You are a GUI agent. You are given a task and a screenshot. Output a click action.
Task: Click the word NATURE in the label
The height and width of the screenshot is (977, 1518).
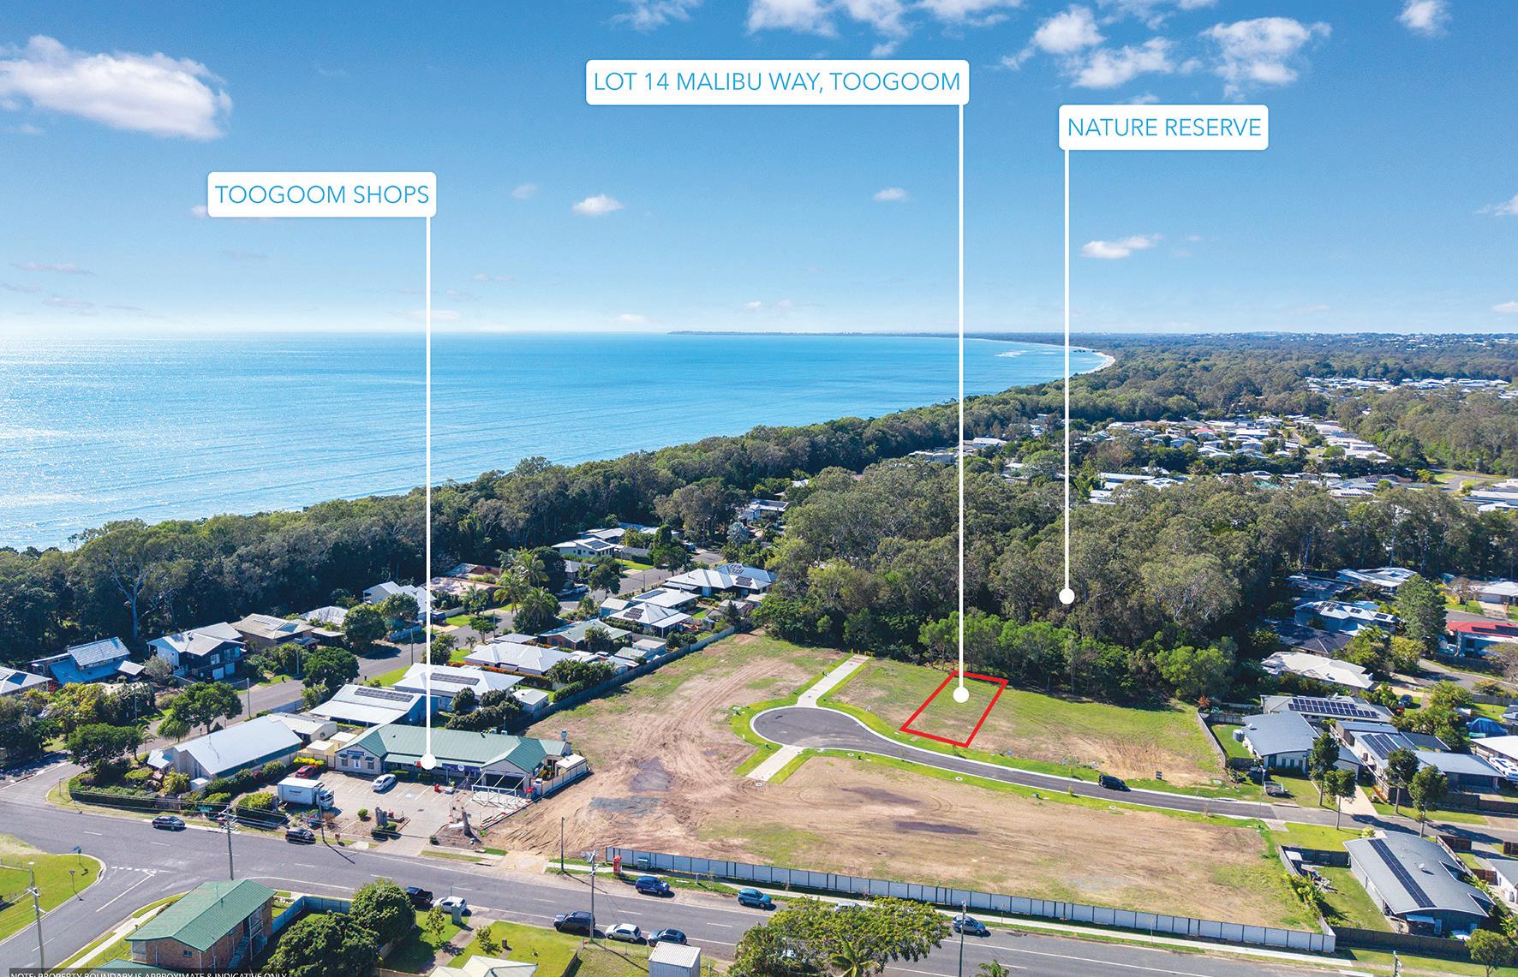(1112, 128)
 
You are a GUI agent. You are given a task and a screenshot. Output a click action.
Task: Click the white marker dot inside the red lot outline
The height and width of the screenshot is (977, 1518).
(960, 696)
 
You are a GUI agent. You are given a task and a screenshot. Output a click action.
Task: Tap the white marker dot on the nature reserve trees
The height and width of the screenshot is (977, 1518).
(1067, 596)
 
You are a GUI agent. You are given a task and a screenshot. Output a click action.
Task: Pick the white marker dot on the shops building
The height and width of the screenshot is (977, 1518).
(427, 761)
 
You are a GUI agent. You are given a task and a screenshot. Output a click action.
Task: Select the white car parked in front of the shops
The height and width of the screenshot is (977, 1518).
(383, 781)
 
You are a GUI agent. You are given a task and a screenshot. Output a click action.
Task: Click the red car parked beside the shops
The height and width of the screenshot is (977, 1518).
(301, 833)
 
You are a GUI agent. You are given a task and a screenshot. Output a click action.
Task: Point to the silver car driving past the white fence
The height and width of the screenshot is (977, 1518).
(969, 925)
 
